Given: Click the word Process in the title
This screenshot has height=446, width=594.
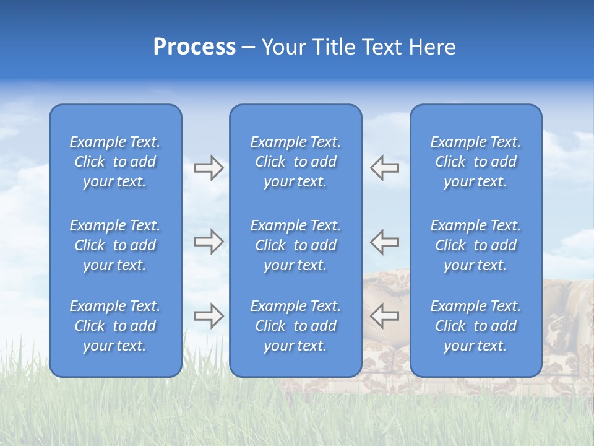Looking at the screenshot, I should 194,47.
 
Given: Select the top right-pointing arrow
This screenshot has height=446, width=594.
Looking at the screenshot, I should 209,168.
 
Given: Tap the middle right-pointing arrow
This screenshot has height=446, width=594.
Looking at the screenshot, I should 209,242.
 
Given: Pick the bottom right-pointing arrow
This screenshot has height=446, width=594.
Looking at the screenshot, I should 209,316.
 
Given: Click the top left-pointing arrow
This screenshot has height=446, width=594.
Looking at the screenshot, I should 385,168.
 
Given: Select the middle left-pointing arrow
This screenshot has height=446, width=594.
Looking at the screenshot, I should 385,242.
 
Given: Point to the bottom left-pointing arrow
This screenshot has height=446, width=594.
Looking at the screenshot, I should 385,316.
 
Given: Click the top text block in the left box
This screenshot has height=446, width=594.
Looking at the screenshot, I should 115,162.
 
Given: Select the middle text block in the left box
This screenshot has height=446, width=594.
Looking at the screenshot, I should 115,245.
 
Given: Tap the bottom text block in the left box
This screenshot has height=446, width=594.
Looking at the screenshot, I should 115,326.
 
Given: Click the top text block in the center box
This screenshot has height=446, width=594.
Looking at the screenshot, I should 295,162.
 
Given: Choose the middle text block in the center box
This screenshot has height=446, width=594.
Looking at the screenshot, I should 295,245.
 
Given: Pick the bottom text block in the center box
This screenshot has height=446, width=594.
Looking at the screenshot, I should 295,326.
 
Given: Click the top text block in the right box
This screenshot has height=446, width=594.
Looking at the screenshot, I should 475,162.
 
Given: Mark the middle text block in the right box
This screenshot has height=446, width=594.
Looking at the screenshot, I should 475,245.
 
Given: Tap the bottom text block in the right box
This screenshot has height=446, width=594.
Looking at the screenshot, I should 475,326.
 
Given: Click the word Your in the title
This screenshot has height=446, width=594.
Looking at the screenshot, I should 284,47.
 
